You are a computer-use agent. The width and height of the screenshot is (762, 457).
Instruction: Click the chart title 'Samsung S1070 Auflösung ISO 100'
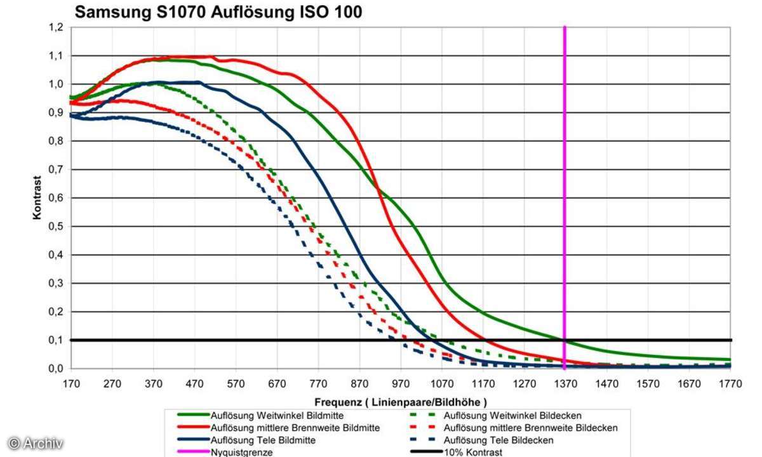218,12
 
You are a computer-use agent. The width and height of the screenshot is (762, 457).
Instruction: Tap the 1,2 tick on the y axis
57,27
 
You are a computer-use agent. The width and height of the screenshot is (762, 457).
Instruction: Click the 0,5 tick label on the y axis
57,227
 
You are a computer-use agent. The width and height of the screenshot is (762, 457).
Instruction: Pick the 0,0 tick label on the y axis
57,369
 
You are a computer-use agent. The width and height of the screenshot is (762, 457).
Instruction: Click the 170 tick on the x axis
71,383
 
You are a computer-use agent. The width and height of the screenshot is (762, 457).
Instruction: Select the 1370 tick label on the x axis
565,383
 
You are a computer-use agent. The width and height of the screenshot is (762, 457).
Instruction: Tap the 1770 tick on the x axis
730,383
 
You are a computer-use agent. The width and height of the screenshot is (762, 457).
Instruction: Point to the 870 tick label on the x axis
359,383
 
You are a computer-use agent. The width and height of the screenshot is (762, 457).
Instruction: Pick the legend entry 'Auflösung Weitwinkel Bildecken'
512,416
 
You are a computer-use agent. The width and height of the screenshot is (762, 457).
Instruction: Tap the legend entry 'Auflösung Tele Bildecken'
499,440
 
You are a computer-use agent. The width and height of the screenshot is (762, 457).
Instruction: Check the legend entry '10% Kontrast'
473,452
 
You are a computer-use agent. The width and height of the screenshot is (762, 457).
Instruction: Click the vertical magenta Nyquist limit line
565,190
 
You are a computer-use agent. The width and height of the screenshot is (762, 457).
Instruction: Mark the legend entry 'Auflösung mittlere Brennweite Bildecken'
531,428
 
